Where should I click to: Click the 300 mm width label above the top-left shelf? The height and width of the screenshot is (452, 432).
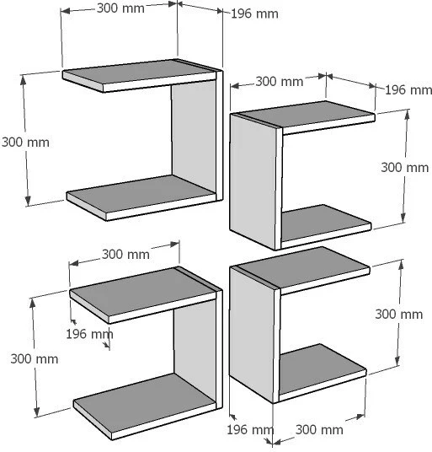point(120,8)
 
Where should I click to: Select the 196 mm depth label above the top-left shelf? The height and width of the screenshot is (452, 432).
point(254,13)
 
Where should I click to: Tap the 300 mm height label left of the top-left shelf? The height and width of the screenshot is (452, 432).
point(25,143)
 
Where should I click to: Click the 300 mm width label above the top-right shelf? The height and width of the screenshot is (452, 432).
point(280,82)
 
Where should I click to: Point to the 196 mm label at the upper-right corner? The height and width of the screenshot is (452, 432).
point(408,90)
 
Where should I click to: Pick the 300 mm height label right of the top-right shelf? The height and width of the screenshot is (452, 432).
point(405,168)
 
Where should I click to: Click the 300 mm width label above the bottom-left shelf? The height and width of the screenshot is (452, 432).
point(125,255)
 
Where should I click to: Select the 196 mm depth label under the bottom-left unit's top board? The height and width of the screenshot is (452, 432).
point(90,334)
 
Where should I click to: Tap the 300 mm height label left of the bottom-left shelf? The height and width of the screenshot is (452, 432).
point(35,359)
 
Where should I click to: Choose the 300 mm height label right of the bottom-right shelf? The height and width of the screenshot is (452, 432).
point(399,315)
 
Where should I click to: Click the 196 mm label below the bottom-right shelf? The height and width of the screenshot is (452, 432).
point(250,430)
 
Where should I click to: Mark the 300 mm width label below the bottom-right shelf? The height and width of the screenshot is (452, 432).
point(319,430)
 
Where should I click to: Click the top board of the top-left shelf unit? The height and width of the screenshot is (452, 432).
point(140,76)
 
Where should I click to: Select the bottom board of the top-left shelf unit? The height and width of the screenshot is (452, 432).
point(141,197)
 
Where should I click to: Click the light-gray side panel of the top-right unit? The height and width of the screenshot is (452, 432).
point(253,181)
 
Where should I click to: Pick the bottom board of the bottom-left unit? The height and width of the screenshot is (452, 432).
point(145,406)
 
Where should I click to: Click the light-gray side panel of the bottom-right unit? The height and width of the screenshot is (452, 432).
point(252,335)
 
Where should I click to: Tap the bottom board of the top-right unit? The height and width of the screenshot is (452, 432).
point(325,226)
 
